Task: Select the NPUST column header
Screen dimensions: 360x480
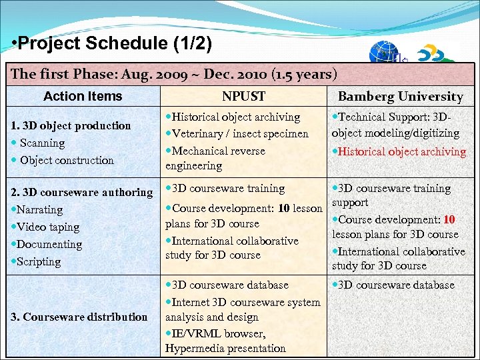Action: pos(243,97)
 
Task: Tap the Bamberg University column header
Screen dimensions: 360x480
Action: pos(400,97)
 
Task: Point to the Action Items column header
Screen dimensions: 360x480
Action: pos(83,96)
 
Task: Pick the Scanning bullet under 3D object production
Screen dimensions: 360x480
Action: pos(41,143)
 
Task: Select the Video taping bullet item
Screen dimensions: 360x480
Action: pos(47,227)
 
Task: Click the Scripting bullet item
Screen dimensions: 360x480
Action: pos(40,261)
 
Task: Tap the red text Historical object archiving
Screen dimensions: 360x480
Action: pos(402,151)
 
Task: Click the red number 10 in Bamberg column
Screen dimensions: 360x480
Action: pos(449,219)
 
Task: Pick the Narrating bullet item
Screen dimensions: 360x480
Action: pos(39,209)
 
